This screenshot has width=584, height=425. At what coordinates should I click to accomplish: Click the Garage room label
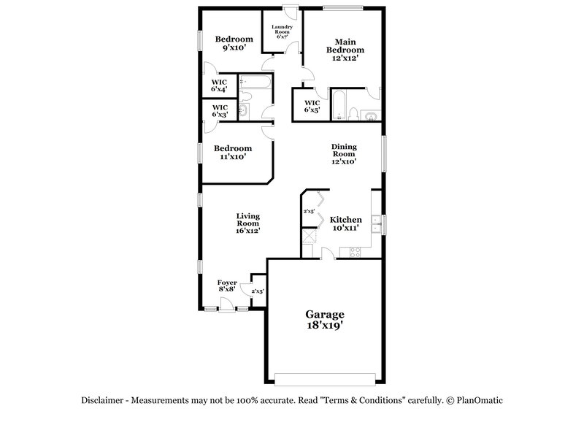(324, 314)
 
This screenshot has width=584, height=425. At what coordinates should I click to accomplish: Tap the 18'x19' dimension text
(324, 326)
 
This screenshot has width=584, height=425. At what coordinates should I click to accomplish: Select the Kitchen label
(345, 219)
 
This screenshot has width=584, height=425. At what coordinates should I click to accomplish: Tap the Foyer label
(226, 283)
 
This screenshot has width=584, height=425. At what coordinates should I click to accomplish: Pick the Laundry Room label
(282, 31)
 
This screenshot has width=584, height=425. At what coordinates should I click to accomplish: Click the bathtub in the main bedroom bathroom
(340, 107)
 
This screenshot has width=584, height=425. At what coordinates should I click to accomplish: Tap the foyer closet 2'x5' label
(257, 291)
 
